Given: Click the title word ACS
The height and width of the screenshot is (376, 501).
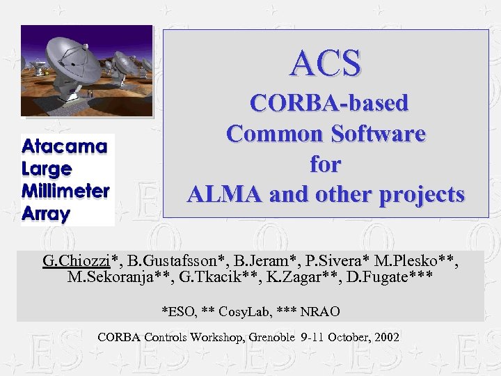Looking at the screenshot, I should pos(326,63).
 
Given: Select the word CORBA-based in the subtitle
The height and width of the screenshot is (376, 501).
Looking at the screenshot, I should pos(329,104).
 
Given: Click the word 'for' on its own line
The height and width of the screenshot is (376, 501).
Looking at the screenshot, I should pos(326,164).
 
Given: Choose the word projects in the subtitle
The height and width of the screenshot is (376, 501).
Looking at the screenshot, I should pos(422,194).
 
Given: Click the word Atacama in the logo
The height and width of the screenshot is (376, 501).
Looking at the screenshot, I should pos(65,146).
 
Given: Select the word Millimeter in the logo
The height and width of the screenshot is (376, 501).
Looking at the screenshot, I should pos(66,191).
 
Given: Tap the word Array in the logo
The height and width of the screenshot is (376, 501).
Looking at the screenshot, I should pos(46,213).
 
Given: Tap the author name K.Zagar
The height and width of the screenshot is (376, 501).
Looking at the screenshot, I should pos(315,278).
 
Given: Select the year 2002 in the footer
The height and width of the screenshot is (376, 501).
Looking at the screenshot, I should pos(387,337).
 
